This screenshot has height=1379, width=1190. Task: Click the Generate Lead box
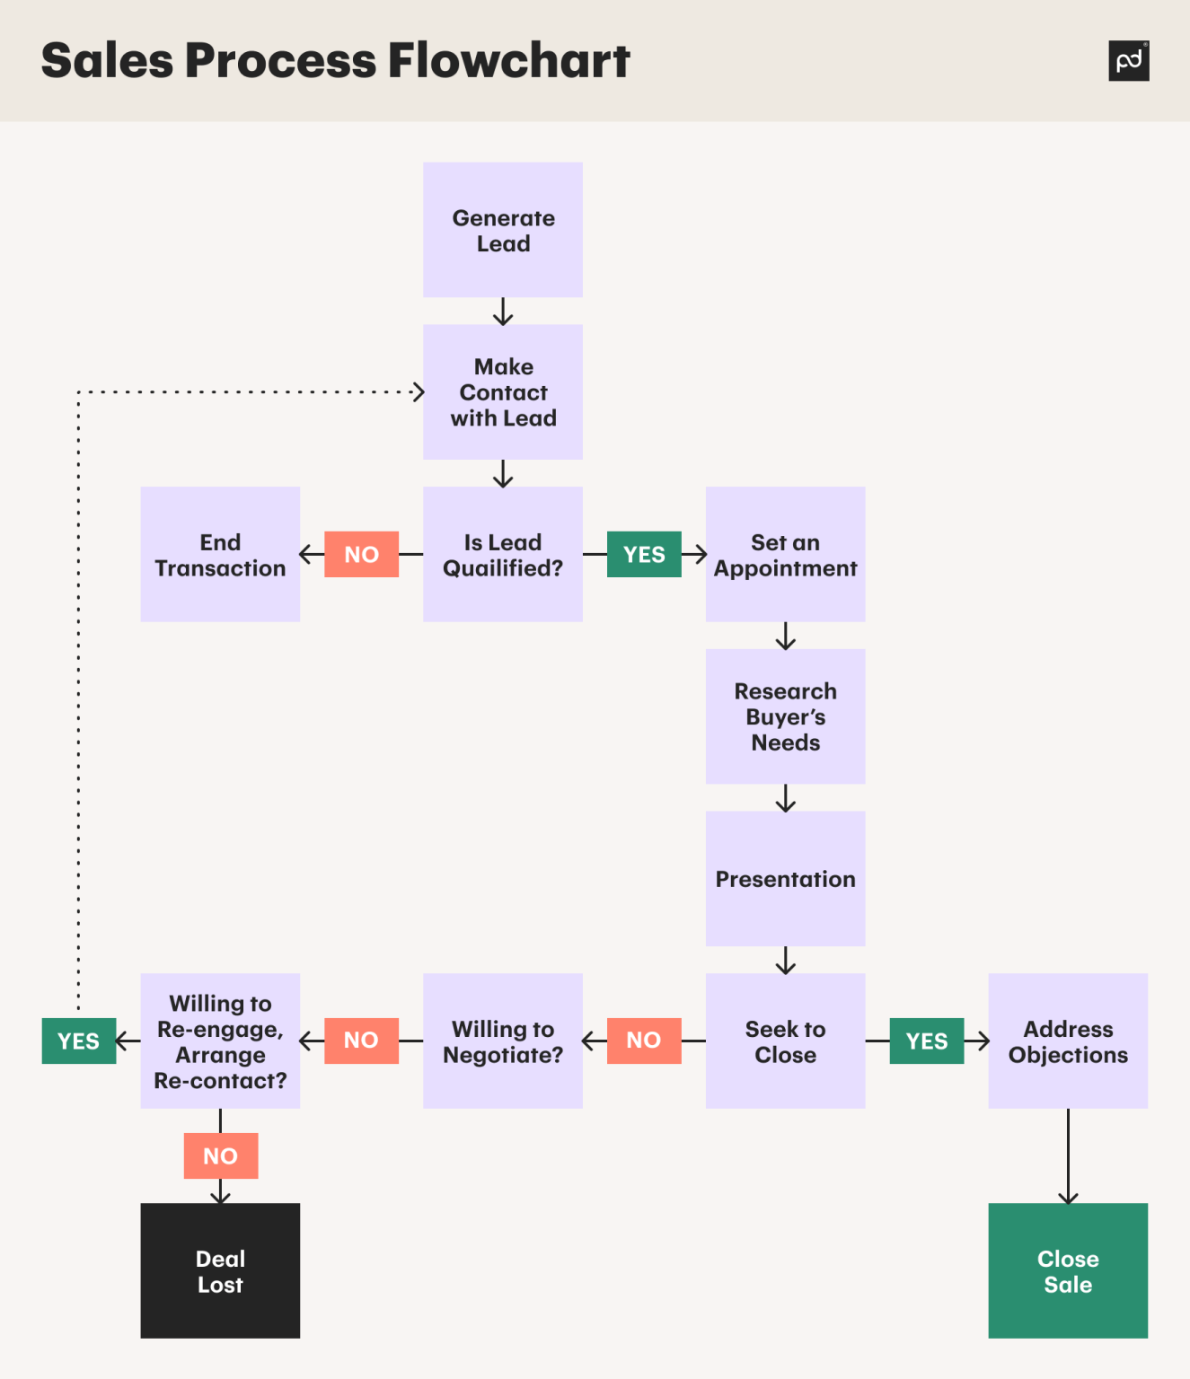tap(503, 230)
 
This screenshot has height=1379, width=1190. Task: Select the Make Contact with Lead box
tap(503, 392)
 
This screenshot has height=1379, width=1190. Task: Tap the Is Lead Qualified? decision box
tap(503, 555)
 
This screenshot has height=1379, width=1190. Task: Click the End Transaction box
tap(220, 555)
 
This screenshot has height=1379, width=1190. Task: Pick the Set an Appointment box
tap(785, 555)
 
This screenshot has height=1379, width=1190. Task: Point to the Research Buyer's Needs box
tap(785, 716)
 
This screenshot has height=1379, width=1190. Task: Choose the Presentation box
tap(785, 879)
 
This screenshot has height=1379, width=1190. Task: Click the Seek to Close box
tap(785, 1041)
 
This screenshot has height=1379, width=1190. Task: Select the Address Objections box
tap(1068, 1041)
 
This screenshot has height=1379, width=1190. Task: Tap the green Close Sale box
tap(1068, 1271)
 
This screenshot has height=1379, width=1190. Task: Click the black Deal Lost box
tap(220, 1271)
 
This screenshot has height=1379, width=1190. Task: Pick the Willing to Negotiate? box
tap(503, 1041)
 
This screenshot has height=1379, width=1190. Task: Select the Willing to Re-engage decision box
tap(220, 1041)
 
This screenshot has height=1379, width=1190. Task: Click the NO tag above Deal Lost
tap(221, 1155)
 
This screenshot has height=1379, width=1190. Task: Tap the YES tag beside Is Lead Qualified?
tap(644, 554)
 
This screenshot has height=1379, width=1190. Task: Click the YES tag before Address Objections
tap(927, 1041)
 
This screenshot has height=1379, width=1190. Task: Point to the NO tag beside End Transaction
tap(361, 554)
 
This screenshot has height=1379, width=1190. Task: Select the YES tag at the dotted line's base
tap(79, 1041)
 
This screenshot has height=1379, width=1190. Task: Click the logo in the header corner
tap(1129, 61)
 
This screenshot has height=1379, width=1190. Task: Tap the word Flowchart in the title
tap(509, 61)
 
